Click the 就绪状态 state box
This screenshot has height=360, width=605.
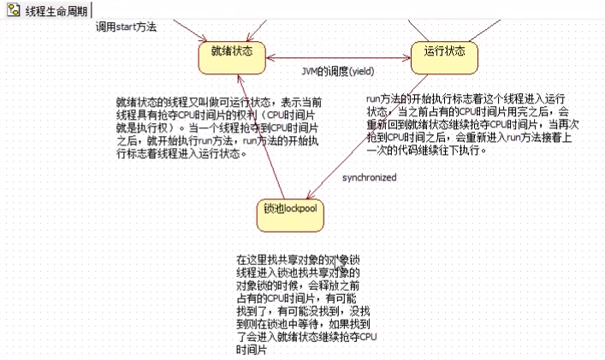(232, 52)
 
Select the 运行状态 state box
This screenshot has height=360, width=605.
(444, 52)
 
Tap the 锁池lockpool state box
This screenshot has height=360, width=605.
(291, 210)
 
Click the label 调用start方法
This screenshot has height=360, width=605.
(126, 27)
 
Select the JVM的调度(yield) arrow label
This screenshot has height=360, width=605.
(339, 70)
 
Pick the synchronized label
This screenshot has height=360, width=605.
(369, 177)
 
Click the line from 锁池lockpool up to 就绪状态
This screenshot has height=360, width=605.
(260, 137)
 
